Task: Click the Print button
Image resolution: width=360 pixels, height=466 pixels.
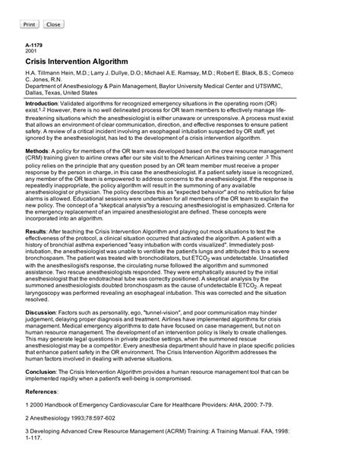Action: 30,24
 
